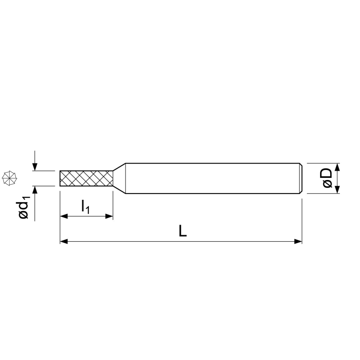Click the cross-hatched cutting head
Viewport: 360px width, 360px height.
click(86, 178)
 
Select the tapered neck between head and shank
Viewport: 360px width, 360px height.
click(119, 178)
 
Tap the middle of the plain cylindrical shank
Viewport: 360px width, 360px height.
click(212, 179)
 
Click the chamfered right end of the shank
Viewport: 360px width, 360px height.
click(301, 179)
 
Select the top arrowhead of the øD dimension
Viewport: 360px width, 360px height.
click(337, 167)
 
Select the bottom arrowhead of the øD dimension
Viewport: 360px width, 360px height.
click(337, 190)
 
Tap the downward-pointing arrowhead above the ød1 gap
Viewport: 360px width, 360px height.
click(35, 166)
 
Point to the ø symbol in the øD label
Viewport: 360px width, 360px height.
click(327, 184)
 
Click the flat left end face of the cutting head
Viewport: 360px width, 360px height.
click(60, 178)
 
